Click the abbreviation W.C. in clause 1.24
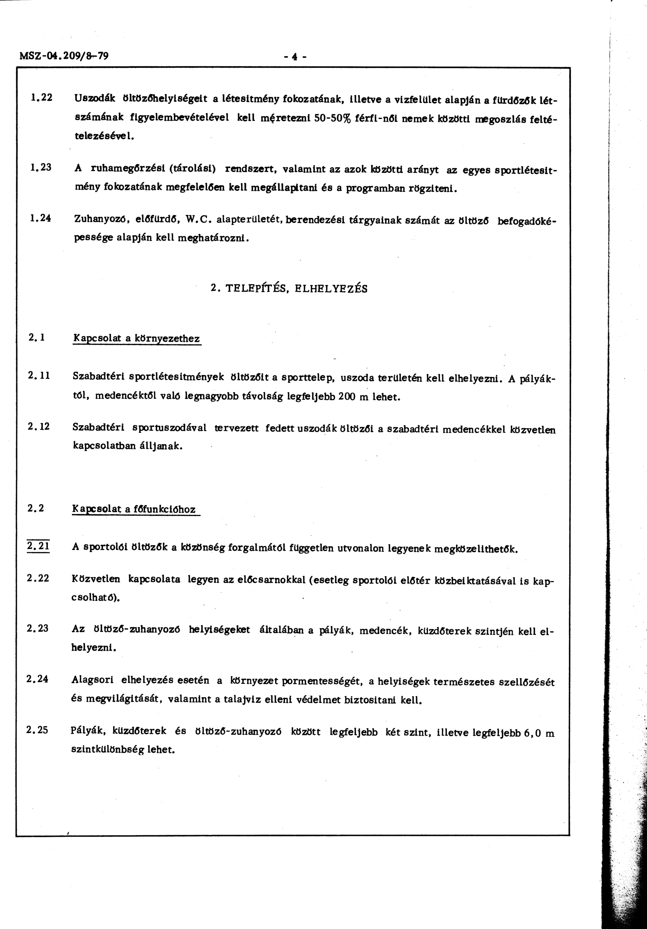coord(198,220)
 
